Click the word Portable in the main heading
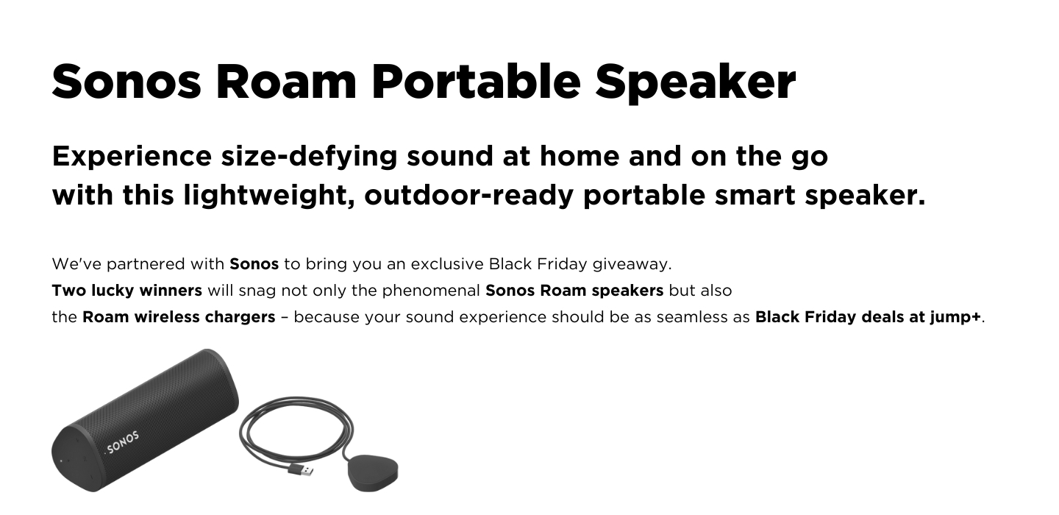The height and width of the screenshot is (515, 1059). click(476, 82)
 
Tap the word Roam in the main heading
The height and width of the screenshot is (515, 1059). click(286, 82)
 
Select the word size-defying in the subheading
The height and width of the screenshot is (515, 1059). click(309, 157)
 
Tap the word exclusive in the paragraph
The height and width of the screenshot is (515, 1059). click(447, 264)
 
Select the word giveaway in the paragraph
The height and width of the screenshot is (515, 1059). click(632, 264)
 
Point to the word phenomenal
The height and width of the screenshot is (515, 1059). click(431, 291)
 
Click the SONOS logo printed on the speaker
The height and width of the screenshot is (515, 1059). click(122, 443)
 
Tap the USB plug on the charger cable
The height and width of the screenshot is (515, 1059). click(302, 470)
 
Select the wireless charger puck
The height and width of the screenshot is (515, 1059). click(373, 473)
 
